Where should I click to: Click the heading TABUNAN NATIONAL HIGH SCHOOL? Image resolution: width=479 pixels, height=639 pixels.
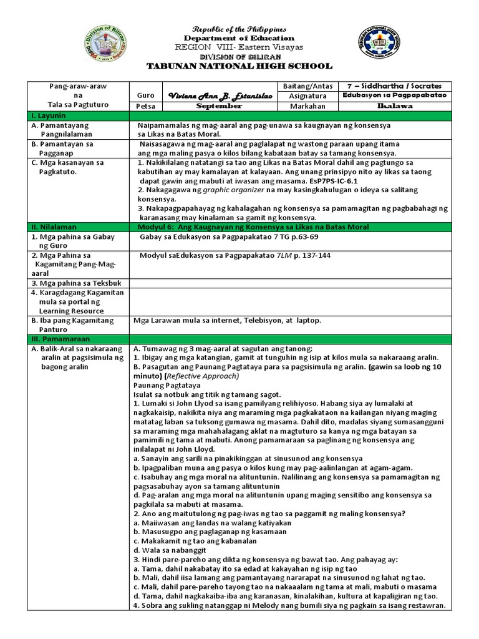[239, 66]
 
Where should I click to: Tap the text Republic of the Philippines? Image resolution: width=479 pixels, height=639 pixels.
[239, 29]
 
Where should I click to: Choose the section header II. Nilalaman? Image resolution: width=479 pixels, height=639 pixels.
[56, 227]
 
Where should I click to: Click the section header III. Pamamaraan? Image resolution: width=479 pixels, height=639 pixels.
[59, 338]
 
